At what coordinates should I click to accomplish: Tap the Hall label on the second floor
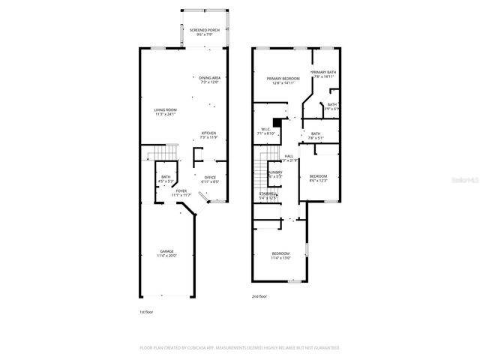click(x=289, y=157)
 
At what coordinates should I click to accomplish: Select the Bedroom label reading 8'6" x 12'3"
click(x=318, y=178)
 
